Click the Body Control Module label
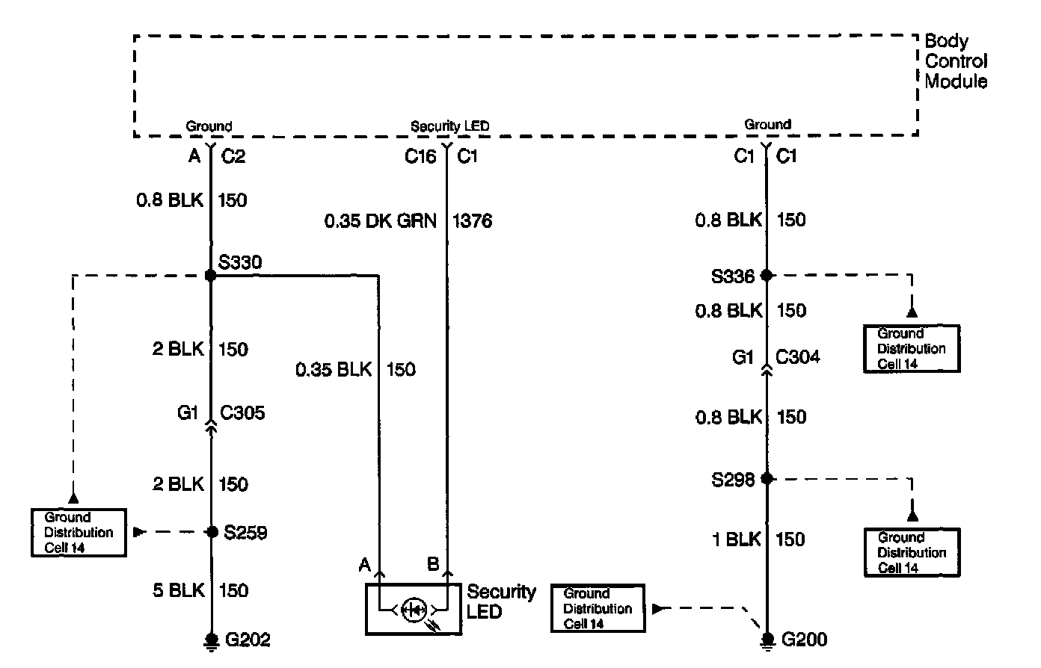(956, 61)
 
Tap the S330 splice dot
(210, 276)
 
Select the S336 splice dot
(766, 276)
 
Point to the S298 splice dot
(766, 478)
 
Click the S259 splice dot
(211, 532)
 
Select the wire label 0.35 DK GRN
(380, 221)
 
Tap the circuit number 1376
(473, 221)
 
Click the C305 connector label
(242, 413)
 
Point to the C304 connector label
(797, 357)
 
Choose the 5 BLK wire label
(179, 590)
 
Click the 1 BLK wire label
(736, 539)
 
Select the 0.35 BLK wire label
(334, 369)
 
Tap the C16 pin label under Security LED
(420, 157)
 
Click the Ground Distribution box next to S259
(79, 533)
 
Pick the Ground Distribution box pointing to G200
(598, 608)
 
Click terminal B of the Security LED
(434, 565)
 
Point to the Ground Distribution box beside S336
(911, 348)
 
